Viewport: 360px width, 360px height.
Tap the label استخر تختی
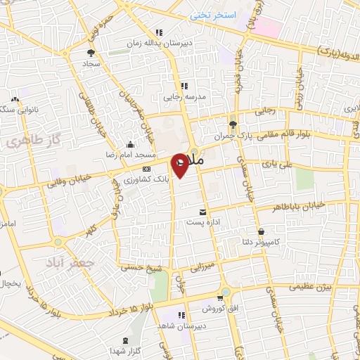216,15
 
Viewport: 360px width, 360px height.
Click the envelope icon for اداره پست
203,212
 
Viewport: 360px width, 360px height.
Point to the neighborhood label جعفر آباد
79,260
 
